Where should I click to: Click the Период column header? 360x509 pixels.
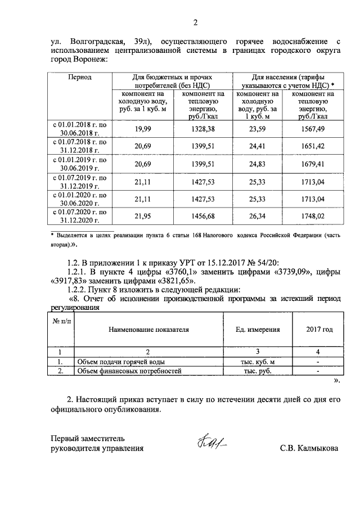80,76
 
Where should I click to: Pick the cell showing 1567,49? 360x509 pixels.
313,129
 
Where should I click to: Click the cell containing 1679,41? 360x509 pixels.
313,164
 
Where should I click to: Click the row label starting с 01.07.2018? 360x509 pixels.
79,147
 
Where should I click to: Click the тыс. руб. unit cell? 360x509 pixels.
258,372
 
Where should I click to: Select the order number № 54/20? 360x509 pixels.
271,260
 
